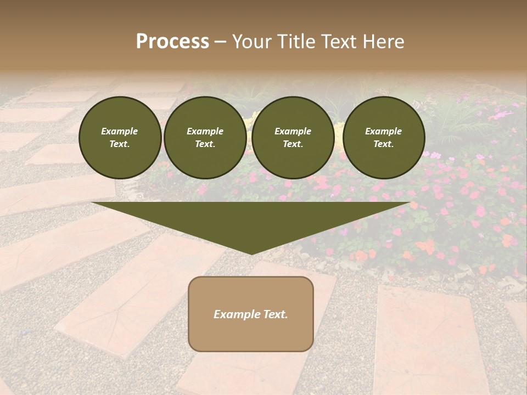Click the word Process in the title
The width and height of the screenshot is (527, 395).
[x=172, y=42]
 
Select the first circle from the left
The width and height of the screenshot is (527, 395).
[x=120, y=137]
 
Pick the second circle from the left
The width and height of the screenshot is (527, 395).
[x=205, y=137]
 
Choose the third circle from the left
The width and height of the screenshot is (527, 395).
[x=293, y=137]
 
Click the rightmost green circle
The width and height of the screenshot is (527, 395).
[x=383, y=137]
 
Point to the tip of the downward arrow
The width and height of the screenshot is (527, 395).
[x=251, y=254]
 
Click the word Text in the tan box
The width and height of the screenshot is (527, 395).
[x=275, y=314]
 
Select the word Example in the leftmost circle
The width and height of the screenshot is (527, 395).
[x=120, y=131]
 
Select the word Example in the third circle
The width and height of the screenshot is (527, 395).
[x=293, y=131]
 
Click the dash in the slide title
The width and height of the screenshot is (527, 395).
[x=220, y=42]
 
